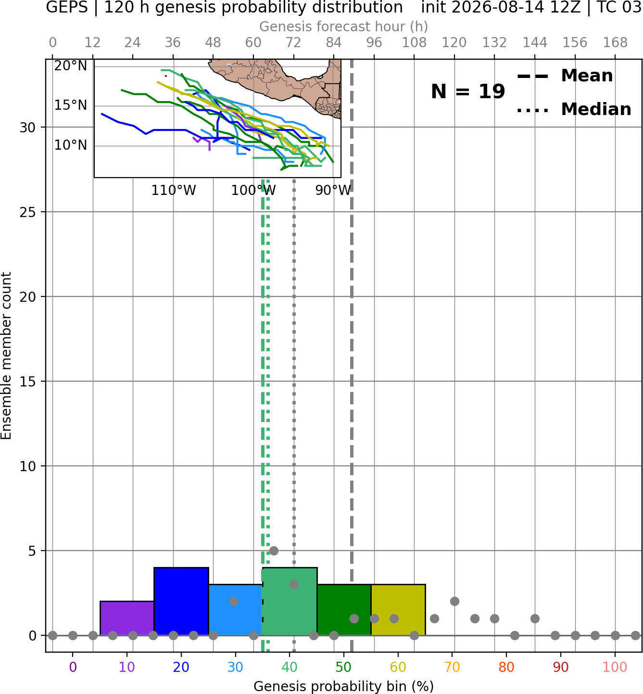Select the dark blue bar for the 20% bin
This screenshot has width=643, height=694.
(x=181, y=602)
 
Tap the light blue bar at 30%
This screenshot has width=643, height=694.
(x=235, y=610)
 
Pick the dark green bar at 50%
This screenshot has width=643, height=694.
(x=344, y=610)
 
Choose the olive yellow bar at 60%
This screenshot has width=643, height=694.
(x=398, y=610)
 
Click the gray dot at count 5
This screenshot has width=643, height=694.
(x=274, y=551)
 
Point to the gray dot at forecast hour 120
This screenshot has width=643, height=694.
(x=454, y=602)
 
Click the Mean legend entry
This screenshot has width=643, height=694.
(x=565, y=76)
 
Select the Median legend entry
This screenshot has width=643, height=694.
(x=574, y=109)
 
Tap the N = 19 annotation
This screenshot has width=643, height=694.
(x=467, y=91)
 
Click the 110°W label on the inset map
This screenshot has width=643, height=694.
(x=174, y=191)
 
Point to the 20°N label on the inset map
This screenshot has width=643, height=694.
(x=71, y=66)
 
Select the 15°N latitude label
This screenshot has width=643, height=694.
(x=71, y=105)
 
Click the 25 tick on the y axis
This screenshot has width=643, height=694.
(x=28, y=212)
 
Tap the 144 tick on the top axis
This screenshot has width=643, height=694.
(x=535, y=43)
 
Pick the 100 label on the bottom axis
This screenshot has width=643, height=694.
(x=615, y=667)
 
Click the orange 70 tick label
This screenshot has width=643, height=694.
(x=452, y=667)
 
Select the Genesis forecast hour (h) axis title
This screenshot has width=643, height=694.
(x=344, y=26)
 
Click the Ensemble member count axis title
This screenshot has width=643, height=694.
(x=6, y=356)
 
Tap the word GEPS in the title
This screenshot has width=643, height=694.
(x=67, y=7)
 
